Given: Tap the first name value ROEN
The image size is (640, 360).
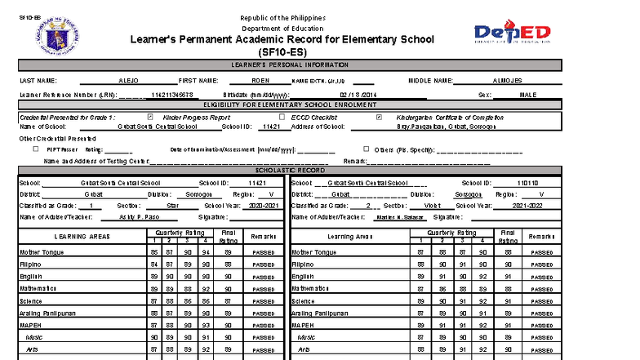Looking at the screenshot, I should pyautogui.click(x=260, y=81).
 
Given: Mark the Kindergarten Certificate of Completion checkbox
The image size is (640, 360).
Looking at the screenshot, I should pyautogui.click(x=378, y=117).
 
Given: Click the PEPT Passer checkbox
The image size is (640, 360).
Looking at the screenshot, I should pyautogui.click(x=35, y=149).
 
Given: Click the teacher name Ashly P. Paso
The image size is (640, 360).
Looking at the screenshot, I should pyautogui.click(x=137, y=217).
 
